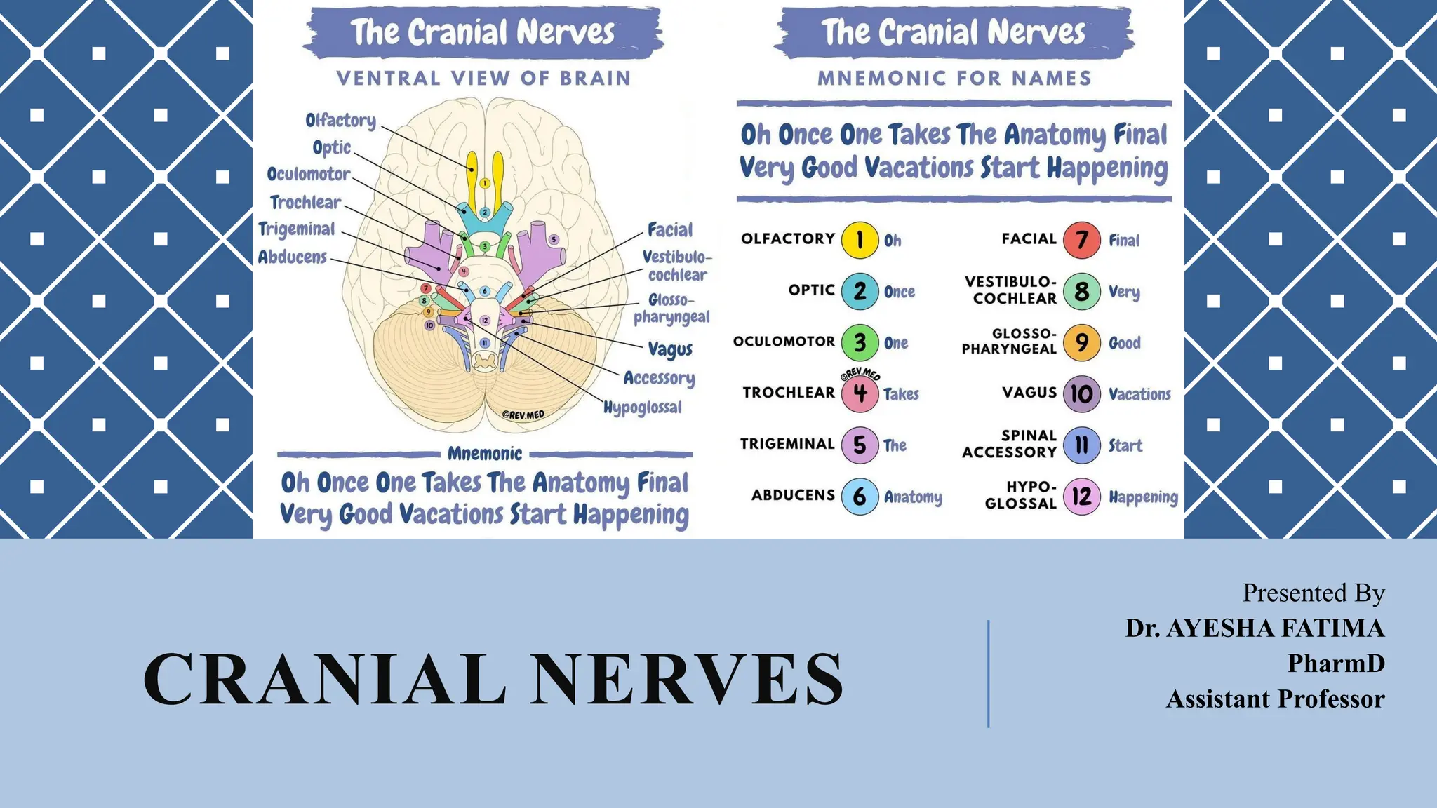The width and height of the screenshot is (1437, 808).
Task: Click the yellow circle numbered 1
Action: point(860,240)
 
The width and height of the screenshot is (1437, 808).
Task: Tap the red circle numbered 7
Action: point(1081,240)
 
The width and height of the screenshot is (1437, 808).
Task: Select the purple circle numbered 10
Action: point(1081,393)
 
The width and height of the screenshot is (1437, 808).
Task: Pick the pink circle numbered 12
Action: point(1081,497)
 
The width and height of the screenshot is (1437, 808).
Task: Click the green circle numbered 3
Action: point(860,342)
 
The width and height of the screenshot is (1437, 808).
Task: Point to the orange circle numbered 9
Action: point(1081,342)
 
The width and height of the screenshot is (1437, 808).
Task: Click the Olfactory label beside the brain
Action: point(341,121)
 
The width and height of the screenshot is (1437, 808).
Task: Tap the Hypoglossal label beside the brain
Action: point(642,408)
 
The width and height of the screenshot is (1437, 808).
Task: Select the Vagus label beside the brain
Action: point(670,349)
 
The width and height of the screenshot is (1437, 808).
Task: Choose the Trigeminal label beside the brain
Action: point(297,229)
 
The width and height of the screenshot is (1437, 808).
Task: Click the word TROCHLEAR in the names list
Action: point(789,393)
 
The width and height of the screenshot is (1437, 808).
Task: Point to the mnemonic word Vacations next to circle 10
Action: point(1139,394)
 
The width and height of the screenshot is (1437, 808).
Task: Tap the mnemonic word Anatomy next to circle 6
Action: point(913,497)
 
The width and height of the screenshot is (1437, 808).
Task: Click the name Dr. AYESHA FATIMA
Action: point(1255,628)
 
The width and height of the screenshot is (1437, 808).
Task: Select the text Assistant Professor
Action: point(1275,699)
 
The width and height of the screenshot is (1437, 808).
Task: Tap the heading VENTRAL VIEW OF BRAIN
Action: point(484,78)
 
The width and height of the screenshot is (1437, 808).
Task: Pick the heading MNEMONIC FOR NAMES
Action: point(954,78)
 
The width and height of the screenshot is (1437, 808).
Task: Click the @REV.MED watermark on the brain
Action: point(523,415)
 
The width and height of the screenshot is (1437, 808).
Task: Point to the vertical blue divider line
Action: point(988,673)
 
